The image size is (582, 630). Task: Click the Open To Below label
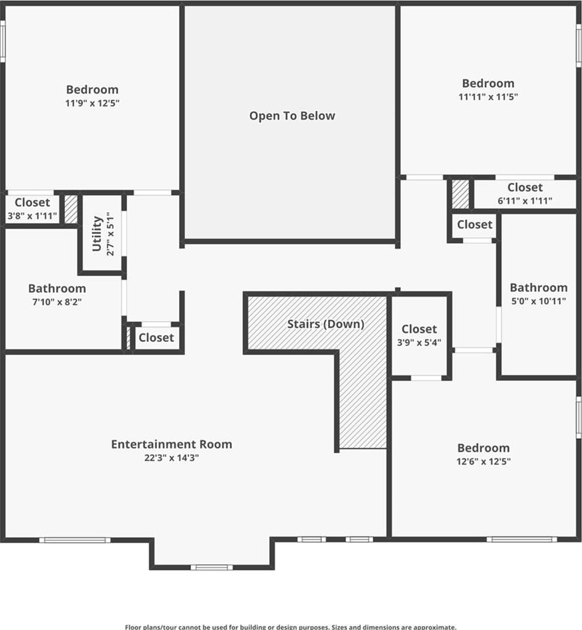[x=292, y=116]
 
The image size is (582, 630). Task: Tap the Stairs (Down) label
[x=325, y=324]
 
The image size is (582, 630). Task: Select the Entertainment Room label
[x=172, y=444]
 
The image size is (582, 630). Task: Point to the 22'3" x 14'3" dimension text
[x=172, y=458]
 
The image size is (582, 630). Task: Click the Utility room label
[x=98, y=233]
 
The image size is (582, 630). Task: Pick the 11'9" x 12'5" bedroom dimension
[x=92, y=103]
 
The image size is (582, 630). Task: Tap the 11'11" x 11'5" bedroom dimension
[x=488, y=97]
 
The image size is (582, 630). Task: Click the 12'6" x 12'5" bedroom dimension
[x=484, y=461]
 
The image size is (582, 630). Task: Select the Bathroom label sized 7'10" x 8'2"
[x=57, y=288]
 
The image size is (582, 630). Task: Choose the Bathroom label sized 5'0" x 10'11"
[x=539, y=287]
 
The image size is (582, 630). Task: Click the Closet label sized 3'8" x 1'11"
[x=33, y=202]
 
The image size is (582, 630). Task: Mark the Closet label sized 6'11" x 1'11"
[x=525, y=187]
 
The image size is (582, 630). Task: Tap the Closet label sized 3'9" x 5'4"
[x=419, y=329]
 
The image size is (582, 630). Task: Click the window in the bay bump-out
[x=211, y=567]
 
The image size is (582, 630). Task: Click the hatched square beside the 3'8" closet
[x=71, y=209]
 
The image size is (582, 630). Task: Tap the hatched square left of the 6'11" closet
[x=460, y=194]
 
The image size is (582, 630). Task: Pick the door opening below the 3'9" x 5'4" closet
[x=426, y=377]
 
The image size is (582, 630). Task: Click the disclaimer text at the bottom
[x=291, y=627]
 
